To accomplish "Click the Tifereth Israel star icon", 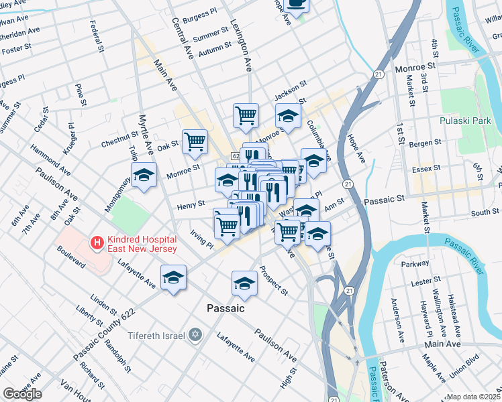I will point(195,334).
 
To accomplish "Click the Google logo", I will point(22,393).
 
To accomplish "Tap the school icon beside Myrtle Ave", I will point(144,176).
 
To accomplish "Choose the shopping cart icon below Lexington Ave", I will point(246,115).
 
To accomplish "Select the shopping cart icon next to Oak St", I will point(195,141).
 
